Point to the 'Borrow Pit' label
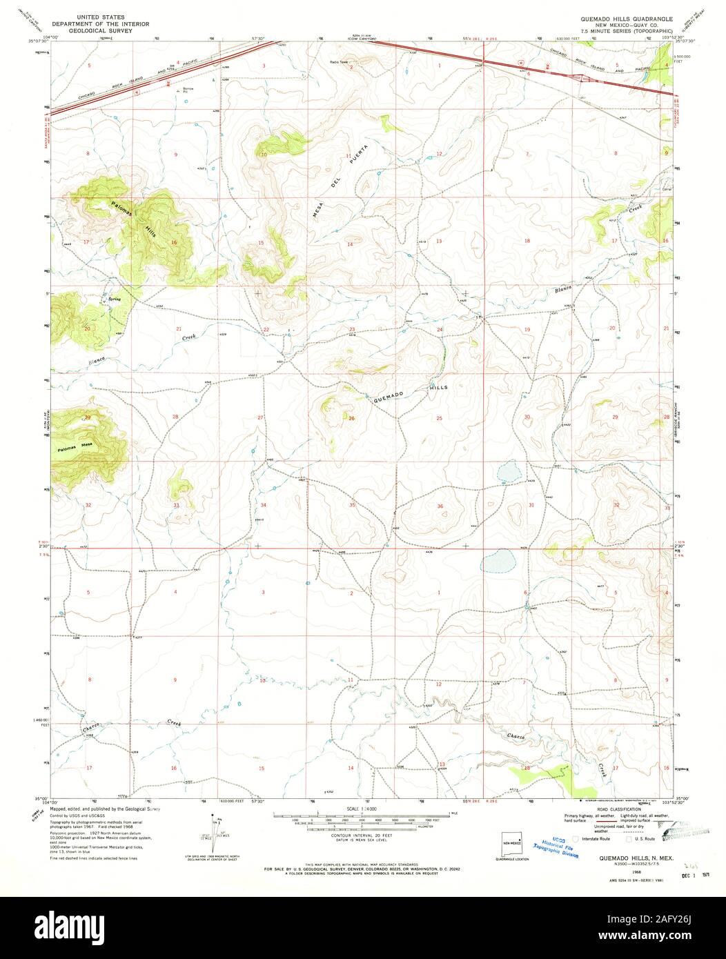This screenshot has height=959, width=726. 184,89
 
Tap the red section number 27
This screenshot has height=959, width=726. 261,418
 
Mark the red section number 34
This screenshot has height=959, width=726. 263,505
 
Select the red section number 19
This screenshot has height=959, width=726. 527,330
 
